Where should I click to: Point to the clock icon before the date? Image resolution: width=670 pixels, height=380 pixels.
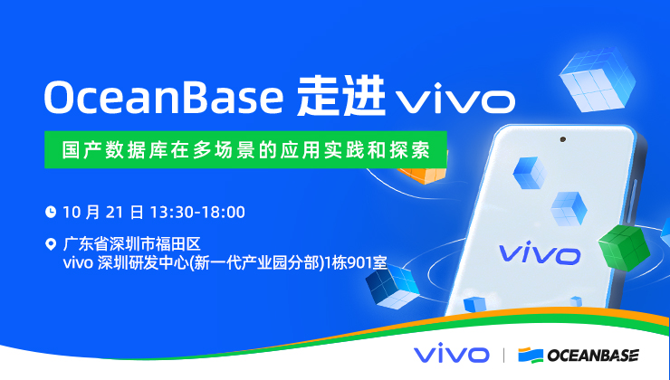[51, 213]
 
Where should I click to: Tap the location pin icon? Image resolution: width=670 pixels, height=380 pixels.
[51, 243]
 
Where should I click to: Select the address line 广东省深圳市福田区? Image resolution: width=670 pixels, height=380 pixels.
[130, 243]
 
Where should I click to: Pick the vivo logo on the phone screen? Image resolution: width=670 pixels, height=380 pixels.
[540, 252]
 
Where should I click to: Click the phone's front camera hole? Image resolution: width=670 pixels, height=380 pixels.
[562, 140]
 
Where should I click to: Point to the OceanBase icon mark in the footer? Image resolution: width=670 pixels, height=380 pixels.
[530, 355]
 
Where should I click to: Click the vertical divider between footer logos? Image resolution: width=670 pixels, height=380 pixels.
[502, 355]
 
